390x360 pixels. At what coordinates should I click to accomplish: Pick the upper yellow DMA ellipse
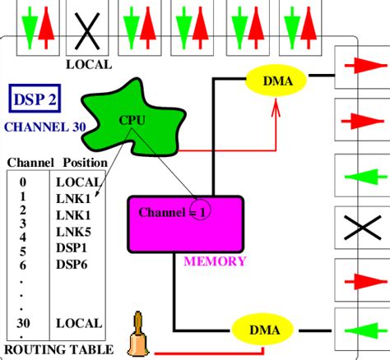click(276, 80)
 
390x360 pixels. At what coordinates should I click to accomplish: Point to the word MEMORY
click(214, 261)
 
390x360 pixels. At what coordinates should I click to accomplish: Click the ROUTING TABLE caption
click(52, 349)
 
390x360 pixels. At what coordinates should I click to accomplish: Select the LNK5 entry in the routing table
click(74, 232)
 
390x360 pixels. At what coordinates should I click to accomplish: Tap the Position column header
click(81, 163)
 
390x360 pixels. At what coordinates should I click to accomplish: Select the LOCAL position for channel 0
click(79, 182)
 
